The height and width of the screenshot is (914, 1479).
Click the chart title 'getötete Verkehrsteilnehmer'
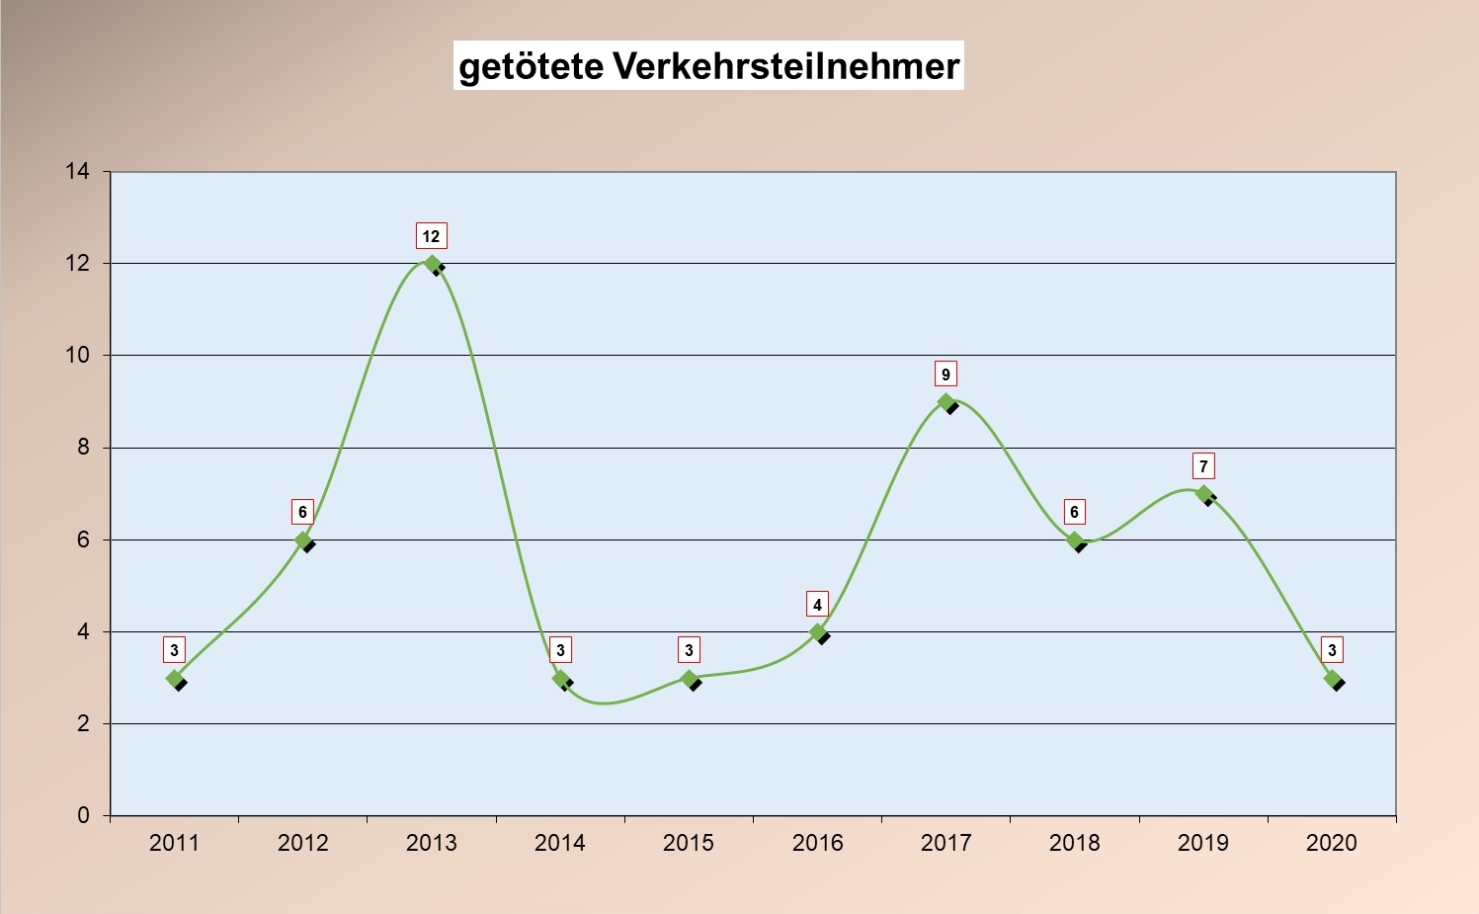(x=708, y=66)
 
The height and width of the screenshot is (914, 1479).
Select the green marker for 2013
(x=431, y=264)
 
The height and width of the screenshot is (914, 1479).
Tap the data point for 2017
(x=946, y=402)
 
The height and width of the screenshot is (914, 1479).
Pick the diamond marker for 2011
(x=175, y=679)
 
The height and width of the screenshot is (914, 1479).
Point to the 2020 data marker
(x=1332, y=679)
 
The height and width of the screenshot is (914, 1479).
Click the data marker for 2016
(x=818, y=632)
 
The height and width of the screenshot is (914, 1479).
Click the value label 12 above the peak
(x=431, y=236)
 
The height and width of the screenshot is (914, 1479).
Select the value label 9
(x=945, y=374)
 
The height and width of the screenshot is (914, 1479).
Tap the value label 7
(x=1203, y=466)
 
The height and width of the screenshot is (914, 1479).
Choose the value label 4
(x=817, y=605)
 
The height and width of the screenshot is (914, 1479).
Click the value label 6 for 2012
(x=302, y=512)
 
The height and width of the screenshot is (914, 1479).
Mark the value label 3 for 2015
(x=689, y=650)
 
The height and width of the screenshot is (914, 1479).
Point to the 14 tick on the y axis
(x=77, y=172)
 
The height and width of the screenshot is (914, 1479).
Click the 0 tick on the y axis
(x=83, y=815)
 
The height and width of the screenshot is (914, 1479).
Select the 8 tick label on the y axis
(x=83, y=448)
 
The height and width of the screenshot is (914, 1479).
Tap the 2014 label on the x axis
(x=559, y=843)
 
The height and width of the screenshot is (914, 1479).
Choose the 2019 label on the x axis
(x=1202, y=843)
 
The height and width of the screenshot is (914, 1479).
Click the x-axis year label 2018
(x=1074, y=843)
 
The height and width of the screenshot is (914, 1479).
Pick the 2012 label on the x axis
(x=302, y=843)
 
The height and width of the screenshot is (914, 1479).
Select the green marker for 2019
(x=1203, y=494)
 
